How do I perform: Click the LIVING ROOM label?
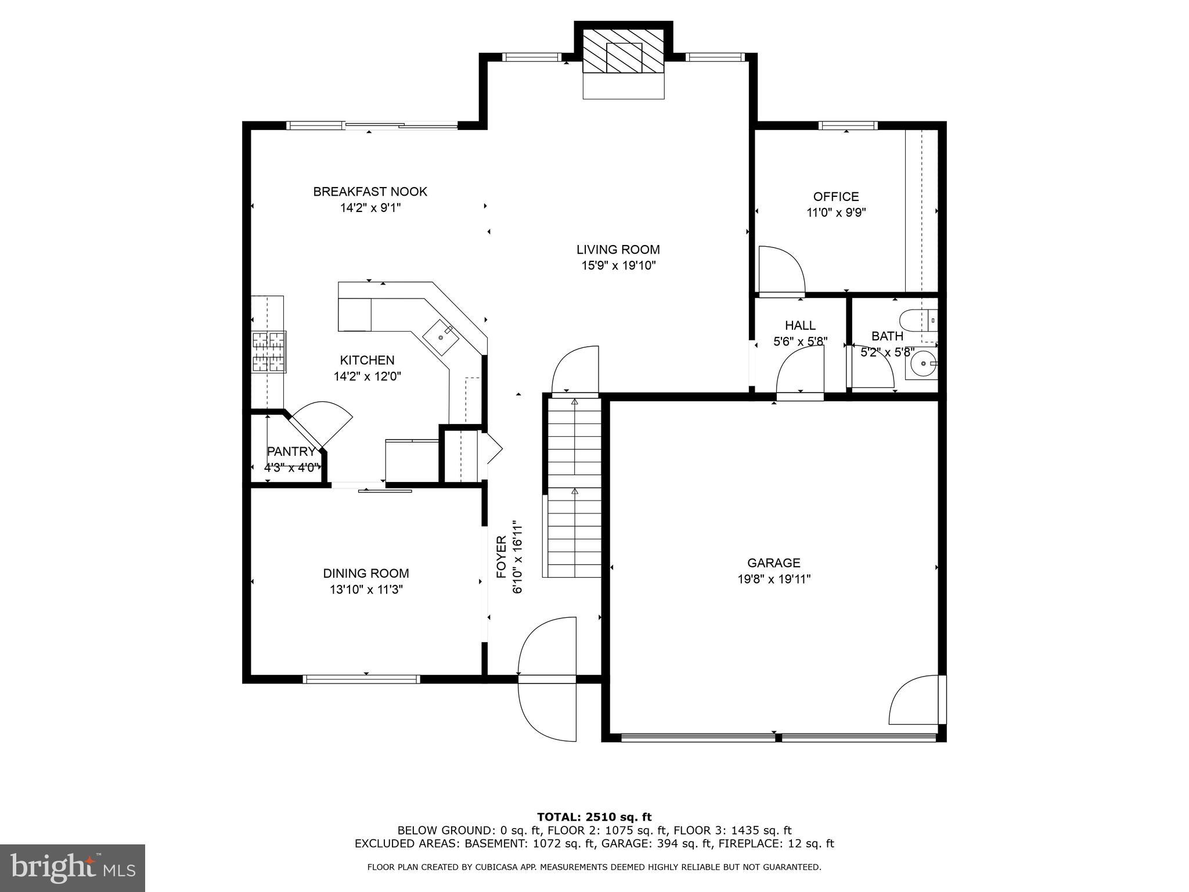click(x=618, y=250)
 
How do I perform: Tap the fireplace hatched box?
click(x=624, y=52)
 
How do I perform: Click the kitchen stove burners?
click(x=269, y=351)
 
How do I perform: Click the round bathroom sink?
click(x=921, y=365)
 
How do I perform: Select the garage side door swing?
click(x=914, y=700)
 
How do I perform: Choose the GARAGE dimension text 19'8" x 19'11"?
click(x=773, y=579)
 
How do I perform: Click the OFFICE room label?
click(x=835, y=197)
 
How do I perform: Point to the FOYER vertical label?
click(x=502, y=557)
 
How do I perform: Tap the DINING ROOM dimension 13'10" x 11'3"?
click(x=366, y=589)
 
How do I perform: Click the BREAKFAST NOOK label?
click(x=370, y=192)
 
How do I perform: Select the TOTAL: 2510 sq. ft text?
click(x=594, y=817)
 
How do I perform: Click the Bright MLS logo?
click(x=72, y=868)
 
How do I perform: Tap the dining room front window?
click(x=361, y=678)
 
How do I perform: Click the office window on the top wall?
click(x=848, y=125)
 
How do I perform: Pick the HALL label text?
click(x=800, y=325)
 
